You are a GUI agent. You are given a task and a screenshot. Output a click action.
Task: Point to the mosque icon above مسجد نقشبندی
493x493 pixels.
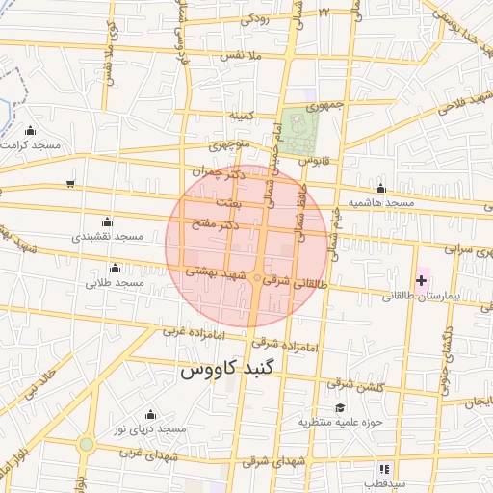(107, 221)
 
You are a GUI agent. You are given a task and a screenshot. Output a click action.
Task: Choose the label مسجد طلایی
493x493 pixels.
(115, 283)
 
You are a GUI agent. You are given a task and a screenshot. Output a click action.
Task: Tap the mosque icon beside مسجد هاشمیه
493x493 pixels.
(381, 189)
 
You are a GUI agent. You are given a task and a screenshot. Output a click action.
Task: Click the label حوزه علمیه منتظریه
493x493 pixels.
(341, 421)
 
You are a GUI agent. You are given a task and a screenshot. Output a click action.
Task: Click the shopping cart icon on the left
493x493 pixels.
(70, 183)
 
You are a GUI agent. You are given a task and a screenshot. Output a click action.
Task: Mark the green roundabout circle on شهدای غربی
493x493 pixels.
(87, 444)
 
